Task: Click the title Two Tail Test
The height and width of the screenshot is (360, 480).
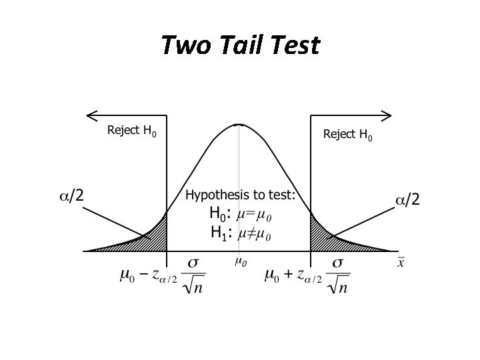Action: click(x=240, y=45)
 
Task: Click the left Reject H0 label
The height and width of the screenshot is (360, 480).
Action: click(x=131, y=131)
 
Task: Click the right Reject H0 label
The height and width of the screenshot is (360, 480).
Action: click(x=347, y=135)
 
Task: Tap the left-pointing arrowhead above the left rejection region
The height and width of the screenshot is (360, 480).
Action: click(x=91, y=115)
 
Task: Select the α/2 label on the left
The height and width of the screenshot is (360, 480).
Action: click(x=71, y=195)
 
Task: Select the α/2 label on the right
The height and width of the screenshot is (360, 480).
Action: click(x=408, y=199)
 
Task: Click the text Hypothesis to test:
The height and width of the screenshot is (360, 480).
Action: click(x=240, y=195)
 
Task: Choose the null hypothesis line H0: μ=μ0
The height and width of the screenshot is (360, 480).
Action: click(x=240, y=215)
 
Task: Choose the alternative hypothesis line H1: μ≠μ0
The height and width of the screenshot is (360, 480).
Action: click(x=240, y=233)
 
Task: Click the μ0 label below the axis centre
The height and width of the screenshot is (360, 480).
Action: click(x=240, y=261)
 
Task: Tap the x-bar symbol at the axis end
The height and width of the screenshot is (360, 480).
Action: click(x=401, y=262)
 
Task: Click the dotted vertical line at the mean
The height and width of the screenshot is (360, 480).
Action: click(x=239, y=187)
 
